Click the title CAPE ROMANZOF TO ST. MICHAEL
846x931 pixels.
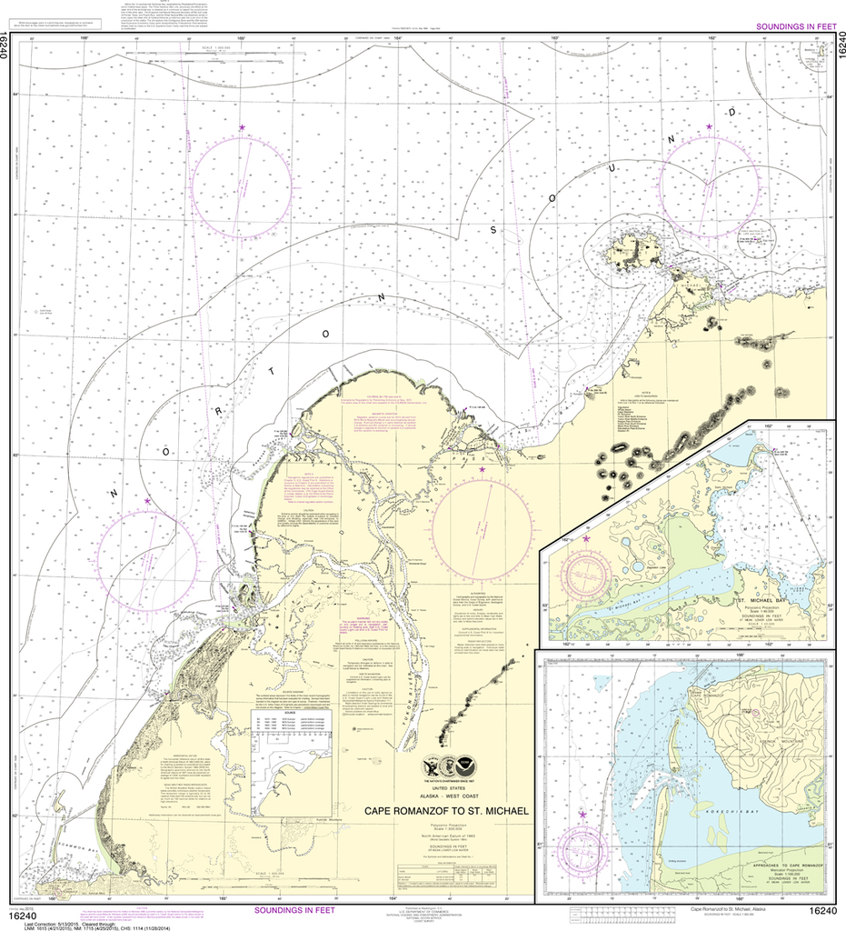[446, 809]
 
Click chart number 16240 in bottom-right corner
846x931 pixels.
[822, 912]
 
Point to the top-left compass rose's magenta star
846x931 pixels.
[242, 128]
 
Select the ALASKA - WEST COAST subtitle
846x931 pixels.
[446, 793]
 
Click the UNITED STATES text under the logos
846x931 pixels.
[446, 785]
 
